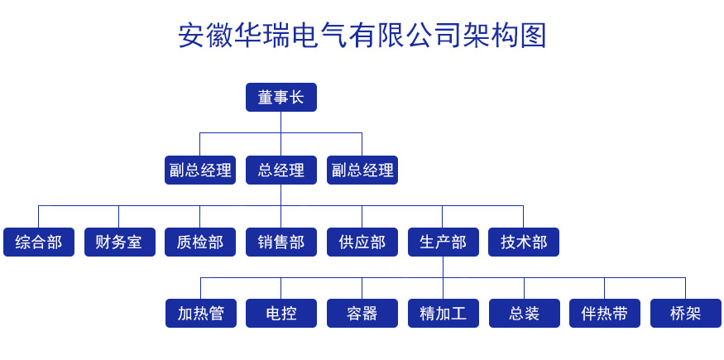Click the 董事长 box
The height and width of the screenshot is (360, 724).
point(280,98)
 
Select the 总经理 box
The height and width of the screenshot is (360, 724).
point(280,170)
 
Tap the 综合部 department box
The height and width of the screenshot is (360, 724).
point(38,242)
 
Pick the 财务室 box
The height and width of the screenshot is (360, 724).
point(120,242)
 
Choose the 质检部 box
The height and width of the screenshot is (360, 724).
point(200,242)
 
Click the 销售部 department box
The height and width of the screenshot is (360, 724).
point(280,242)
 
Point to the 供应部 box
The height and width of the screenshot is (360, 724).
point(362,242)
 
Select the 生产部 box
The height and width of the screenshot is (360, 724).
point(444,242)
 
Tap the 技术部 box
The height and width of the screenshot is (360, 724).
point(524,242)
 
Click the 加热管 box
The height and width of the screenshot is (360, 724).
point(201,314)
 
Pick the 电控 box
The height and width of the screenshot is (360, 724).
point(280,314)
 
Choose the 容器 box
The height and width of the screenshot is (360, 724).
point(362,314)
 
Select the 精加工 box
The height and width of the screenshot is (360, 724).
point(444,314)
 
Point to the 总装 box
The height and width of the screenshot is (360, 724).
point(524,314)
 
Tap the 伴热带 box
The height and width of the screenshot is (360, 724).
point(604,314)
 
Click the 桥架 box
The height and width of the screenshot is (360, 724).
point(686,314)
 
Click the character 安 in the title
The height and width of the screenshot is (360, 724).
point(191,35)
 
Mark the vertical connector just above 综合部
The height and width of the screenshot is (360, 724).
point(38,217)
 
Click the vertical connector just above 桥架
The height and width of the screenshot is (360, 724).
point(686,289)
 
